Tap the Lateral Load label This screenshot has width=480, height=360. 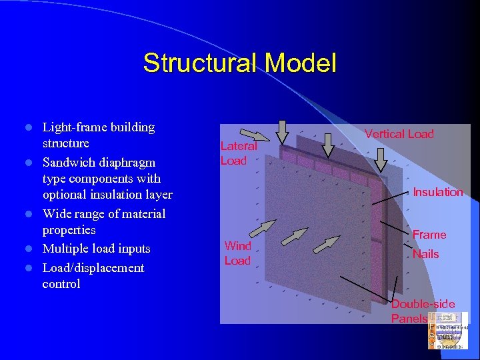coord(238,153)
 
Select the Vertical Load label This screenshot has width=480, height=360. coord(399,134)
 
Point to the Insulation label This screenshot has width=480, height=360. coord(437,193)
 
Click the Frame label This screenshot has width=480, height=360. coord(429,235)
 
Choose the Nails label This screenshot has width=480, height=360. coord(425,254)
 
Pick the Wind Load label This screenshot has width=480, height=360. coord(237,253)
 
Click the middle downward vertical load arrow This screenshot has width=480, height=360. coord(329,143)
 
